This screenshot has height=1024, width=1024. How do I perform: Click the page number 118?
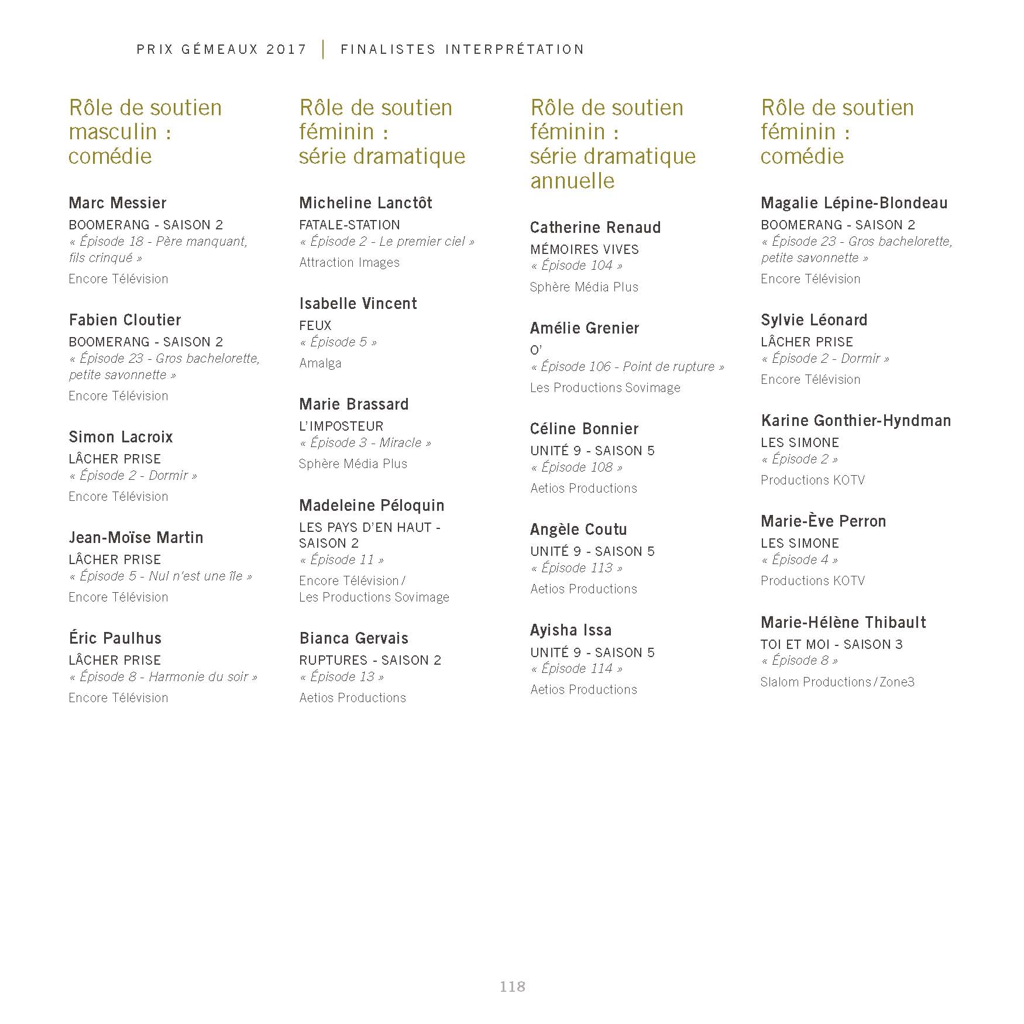(x=512, y=987)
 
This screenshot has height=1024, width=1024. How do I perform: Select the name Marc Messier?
(x=118, y=203)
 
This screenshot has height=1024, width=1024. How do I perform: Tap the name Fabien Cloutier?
(x=125, y=320)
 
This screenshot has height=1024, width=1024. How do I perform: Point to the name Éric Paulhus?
(x=115, y=638)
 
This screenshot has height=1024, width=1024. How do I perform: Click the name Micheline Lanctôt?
(x=366, y=203)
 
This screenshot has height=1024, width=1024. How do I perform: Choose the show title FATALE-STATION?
(x=349, y=225)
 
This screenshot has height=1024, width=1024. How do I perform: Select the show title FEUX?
(x=315, y=325)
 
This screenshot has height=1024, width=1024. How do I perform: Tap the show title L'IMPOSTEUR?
(x=341, y=426)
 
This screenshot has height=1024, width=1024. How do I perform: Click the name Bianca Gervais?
(x=354, y=638)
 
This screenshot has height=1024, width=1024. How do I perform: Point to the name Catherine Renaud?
(x=595, y=228)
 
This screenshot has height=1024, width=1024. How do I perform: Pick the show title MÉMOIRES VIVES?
(x=585, y=249)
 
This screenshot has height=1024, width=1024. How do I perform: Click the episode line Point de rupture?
(x=627, y=367)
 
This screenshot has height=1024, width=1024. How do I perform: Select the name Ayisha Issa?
(x=571, y=630)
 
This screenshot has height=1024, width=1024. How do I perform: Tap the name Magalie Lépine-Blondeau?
(x=854, y=203)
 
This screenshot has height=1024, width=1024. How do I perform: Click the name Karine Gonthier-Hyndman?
(x=855, y=421)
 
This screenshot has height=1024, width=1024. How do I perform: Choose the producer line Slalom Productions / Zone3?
(x=837, y=682)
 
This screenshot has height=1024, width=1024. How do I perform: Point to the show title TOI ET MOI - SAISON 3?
(x=831, y=644)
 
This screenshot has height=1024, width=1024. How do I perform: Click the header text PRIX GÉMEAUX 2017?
(x=222, y=50)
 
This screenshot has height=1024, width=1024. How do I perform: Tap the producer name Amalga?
(x=320, y=363)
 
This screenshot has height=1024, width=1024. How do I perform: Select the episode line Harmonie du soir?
(x=163, y=677)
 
